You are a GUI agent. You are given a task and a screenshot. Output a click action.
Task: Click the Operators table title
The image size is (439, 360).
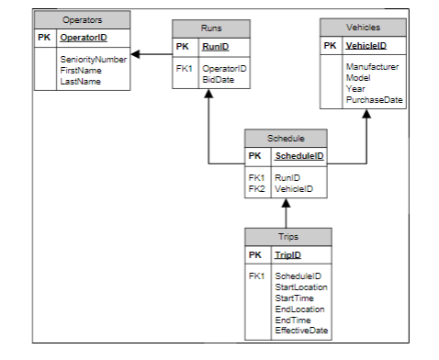pos(82,19)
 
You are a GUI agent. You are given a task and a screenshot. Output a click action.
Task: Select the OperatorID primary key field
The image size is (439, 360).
pos(82,39)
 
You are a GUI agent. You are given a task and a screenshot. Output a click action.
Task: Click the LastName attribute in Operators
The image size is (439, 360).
pos(80,81)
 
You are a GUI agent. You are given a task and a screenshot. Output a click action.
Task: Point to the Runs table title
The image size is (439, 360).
pos(210,28)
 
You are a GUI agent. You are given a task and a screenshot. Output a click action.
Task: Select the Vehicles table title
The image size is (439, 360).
pos(363,28)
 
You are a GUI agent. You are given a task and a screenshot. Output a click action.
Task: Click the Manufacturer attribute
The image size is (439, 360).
pos(372,67)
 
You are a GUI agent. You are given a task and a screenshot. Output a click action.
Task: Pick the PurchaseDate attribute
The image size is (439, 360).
pos(375,99)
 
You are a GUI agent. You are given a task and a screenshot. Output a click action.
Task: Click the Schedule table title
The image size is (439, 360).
pos(286,138)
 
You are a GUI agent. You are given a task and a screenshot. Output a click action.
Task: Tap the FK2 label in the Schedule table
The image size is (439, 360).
pos(257,188)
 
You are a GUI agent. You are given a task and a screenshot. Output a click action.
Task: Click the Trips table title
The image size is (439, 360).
pos(287,236)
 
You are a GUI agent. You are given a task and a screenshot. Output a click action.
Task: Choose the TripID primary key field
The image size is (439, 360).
pos(288,254)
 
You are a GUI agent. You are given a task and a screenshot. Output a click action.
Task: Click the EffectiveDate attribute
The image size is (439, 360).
pos(304,331)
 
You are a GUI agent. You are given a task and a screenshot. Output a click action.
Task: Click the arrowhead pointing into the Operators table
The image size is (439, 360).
pos(134,56)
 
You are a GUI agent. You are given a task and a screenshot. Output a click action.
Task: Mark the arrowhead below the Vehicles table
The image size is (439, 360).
pos(366,115)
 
